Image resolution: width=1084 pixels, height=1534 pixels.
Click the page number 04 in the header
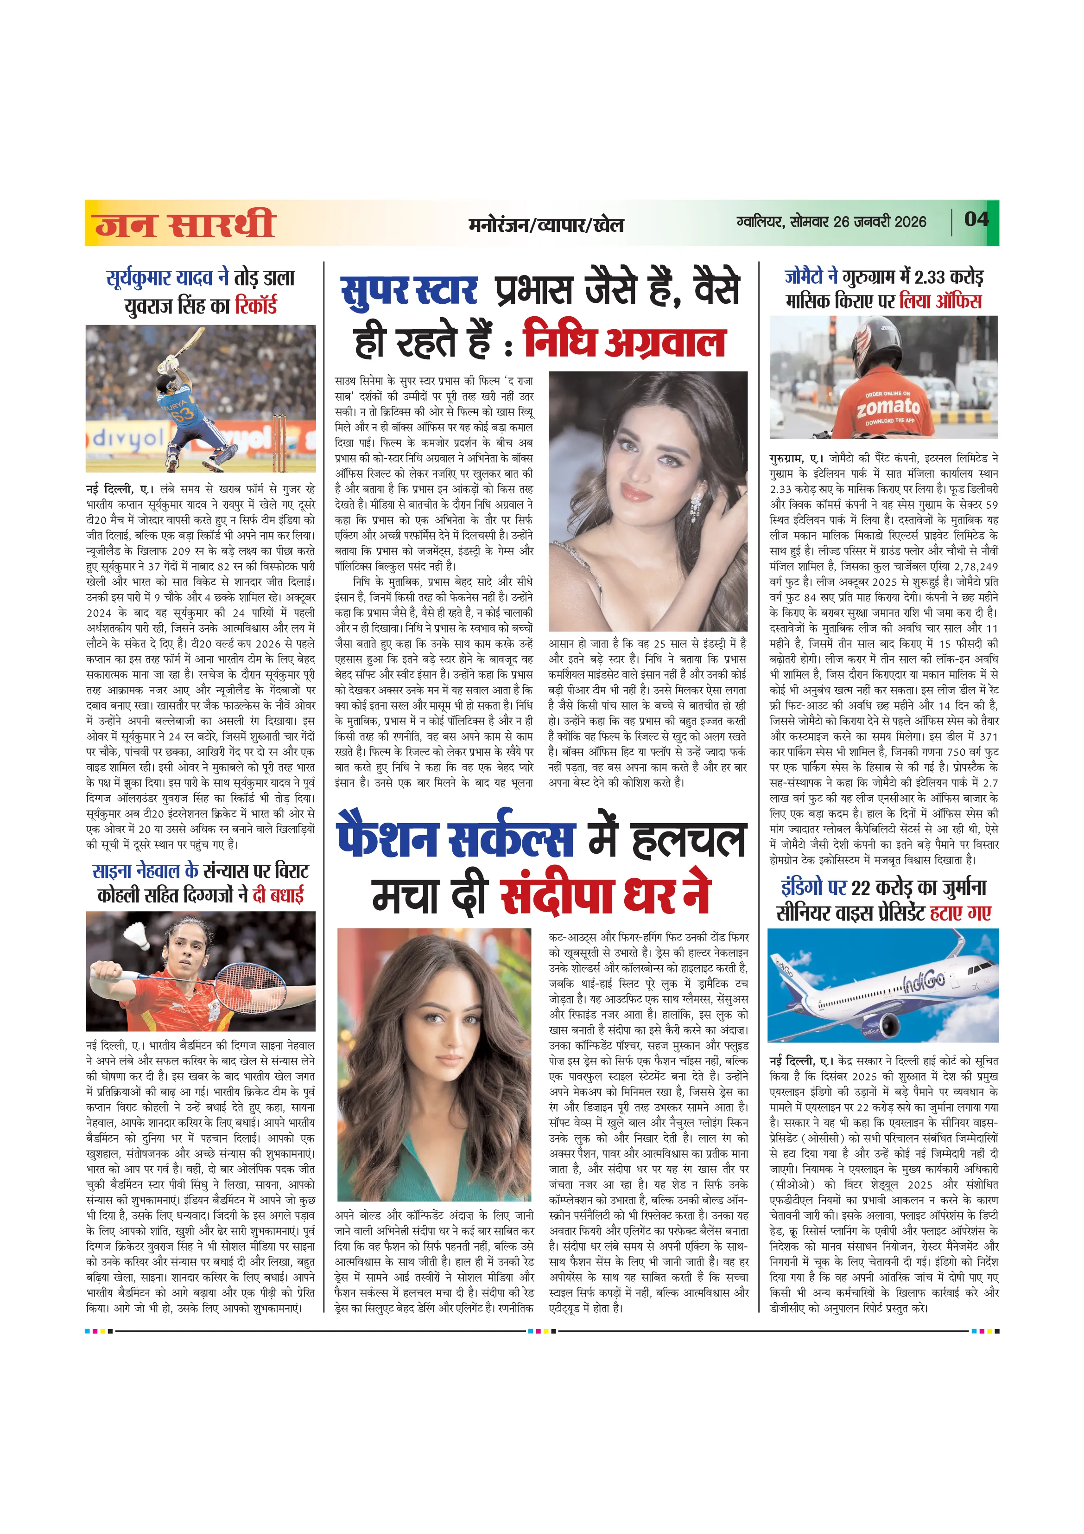coord(976,219)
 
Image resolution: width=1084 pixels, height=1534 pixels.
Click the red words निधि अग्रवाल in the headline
coord(624,341)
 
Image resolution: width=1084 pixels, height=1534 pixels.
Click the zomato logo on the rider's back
coord(888,406)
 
